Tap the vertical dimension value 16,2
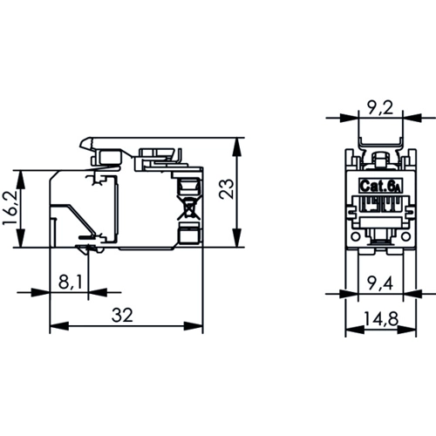tap(11, 209)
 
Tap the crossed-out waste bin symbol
tap(188, 210)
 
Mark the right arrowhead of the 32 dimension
tap(199, 327)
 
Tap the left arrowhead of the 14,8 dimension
tap(351, 329)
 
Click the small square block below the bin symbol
tap(188, 234)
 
